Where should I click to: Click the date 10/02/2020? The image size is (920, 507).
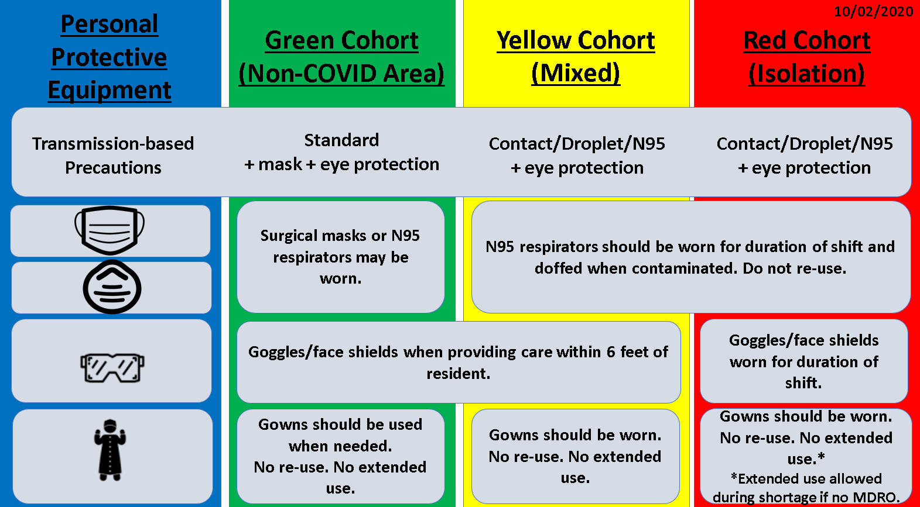pyautogui.click(x=873, y=12)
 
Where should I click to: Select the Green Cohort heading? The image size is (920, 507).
pyautogui.click(x=341, y=57)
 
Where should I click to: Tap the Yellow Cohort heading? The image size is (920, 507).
pyautogui.click(x=576, y=57)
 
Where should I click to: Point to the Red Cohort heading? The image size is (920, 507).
pyautogui.click(x=806, y=57)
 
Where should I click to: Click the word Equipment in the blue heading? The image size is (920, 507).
pyautogui.click(x=110, y=90)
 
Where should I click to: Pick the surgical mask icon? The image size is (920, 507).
pyautogui.click(x=110, y=230)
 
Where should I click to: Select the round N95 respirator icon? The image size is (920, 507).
pyautogui.click(x=112, y=287)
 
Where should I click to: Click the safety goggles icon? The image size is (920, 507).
pyautogui.click(x=112, y=368)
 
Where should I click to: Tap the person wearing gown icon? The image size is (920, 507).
pyautogui.click(x=110, y=450)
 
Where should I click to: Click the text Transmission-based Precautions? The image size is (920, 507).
pyautogui.click(x=113, y=156)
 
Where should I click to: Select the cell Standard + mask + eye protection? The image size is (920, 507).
pyautogui.click(x=341, y=152)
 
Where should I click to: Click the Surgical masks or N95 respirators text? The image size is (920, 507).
pyautogui.click(x=340, y=257)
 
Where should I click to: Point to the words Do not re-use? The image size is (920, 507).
pyautogui.click(x=795, y=268)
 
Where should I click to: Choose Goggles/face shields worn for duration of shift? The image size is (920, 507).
pyautogui.click(x=804, y=361)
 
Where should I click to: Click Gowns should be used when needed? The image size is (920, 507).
pyautogui.click(x=340, y=435)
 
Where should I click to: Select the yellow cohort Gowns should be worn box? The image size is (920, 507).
pyautogui.click(x=575, y=456)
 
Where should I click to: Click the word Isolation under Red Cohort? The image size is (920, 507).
pyautogui.click(x=806, y=74)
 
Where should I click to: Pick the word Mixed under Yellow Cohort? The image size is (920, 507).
pyautogui.click(x=576, y=73)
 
